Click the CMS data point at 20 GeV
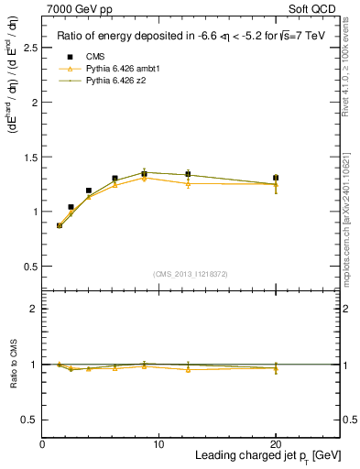[x=275, y=178]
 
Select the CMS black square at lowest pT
[x=60, y=225]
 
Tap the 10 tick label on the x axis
[x=158, y=443]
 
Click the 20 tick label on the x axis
[x=275, y=443]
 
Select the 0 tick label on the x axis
[x=42, y=443]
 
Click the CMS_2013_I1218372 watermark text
[x=191, y=273]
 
